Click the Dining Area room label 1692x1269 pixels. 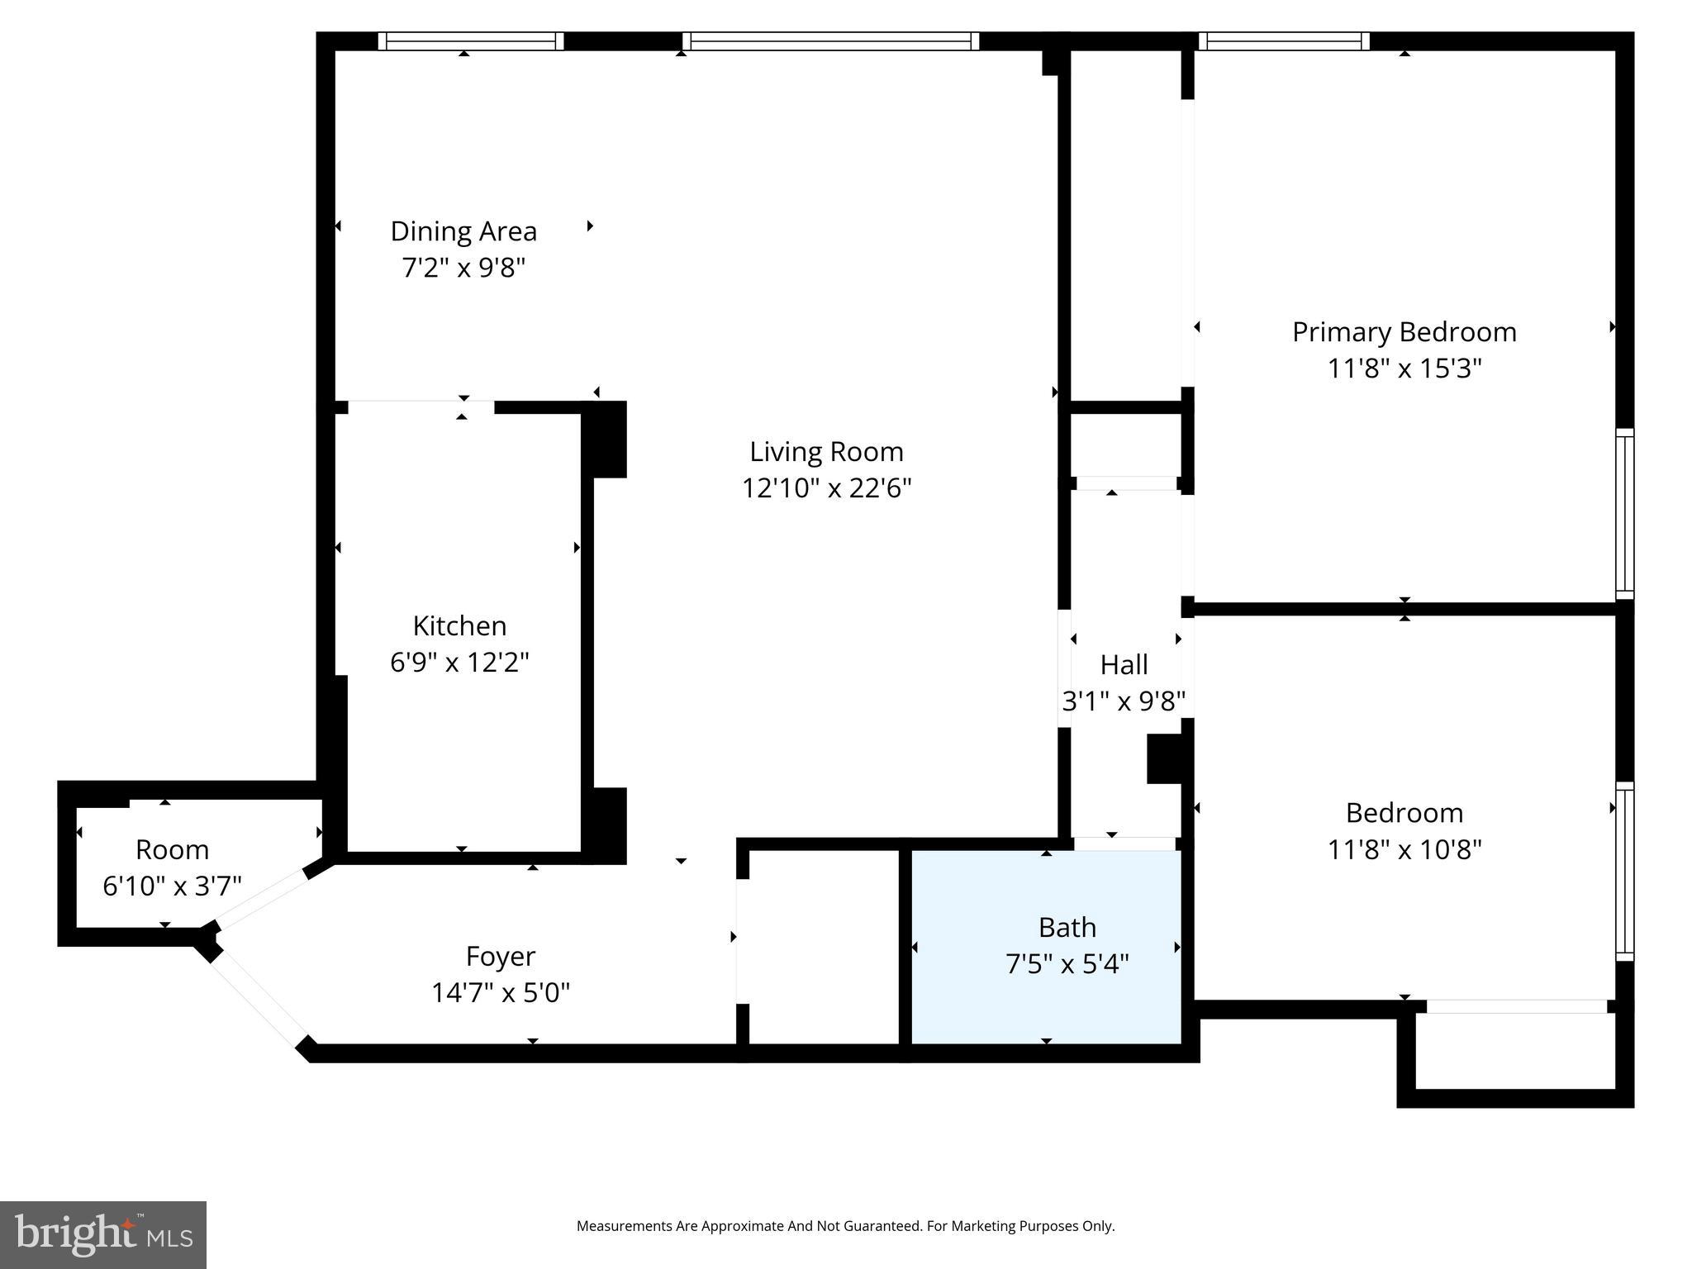(x=463, y=231)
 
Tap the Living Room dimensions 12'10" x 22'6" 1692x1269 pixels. (x=826, y=487)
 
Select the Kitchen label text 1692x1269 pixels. (x=459, y=625)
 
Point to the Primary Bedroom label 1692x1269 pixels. (x=1404, y=332)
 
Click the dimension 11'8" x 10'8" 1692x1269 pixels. (x=1404, y=848)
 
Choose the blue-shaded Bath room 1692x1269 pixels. (x=1046, y=947)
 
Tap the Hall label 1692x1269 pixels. (x=1124, y=664)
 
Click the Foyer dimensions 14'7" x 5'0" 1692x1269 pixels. (x=501, y=991)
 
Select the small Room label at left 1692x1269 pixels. (x=172, y=849)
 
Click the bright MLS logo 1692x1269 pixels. (x=103, y=1234)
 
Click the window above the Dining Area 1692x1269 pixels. (x=471, y=41)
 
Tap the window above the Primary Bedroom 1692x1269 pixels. (x=1284, y=41)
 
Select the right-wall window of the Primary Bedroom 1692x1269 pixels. (x=1624, y=514)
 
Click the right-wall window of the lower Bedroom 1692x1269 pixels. (x=1624, y=871)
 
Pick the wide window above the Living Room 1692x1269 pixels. (x=830, y=41)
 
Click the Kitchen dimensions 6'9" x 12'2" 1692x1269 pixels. (x=459, y=662)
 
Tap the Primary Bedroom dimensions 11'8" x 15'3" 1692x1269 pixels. (x=1404, y=368)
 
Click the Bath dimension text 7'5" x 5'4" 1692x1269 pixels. (x=1067, y=963)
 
